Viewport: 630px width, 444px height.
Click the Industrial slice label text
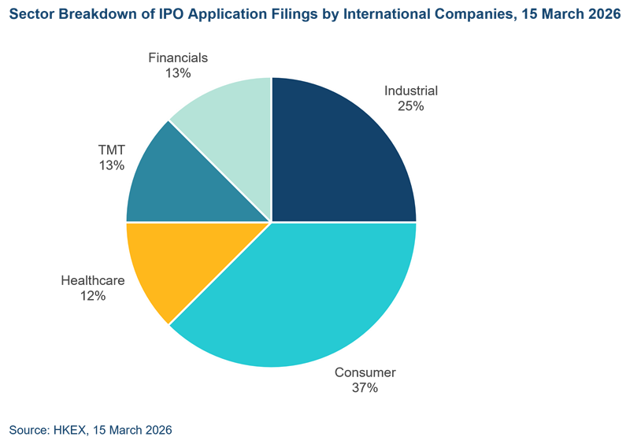point(410,91)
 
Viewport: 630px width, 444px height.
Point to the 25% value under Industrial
point(410,105)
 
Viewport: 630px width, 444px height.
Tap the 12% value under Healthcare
point(92,296)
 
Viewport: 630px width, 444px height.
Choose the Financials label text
point(178,57)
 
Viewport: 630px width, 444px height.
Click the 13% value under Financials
point(178,73)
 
